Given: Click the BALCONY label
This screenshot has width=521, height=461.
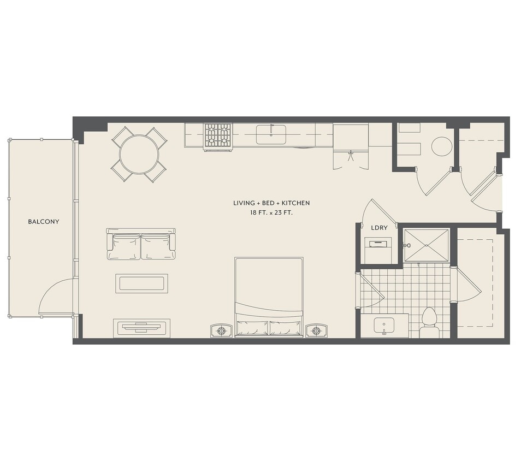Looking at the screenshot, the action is click(44, 222).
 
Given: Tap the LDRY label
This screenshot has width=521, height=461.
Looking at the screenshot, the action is click(379, 228).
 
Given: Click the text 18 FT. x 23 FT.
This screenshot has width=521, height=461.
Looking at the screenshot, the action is click(271, 212).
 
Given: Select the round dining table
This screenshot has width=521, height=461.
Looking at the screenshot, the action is click(139, 154).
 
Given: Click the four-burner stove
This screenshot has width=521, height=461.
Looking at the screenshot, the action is click(218, 137).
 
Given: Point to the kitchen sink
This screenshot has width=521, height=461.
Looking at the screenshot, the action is click(271, 134).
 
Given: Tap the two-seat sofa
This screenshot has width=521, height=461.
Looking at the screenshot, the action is click(141, 244).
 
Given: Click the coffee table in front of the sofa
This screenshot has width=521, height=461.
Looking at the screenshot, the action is click(141, 283).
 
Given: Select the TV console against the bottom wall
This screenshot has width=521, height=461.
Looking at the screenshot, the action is click(142, 328).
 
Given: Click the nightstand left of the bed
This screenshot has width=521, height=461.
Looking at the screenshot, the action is click(221, 330).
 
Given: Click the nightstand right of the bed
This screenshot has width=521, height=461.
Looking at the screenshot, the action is click(316, 330).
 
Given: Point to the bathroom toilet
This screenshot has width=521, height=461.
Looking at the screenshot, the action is click(429, 322).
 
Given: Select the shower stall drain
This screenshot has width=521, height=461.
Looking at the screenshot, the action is click(427, 245).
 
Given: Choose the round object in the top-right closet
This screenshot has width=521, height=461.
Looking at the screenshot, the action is click(442, 146).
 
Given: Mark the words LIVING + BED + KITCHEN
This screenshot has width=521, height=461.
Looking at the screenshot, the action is click(271, 203).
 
